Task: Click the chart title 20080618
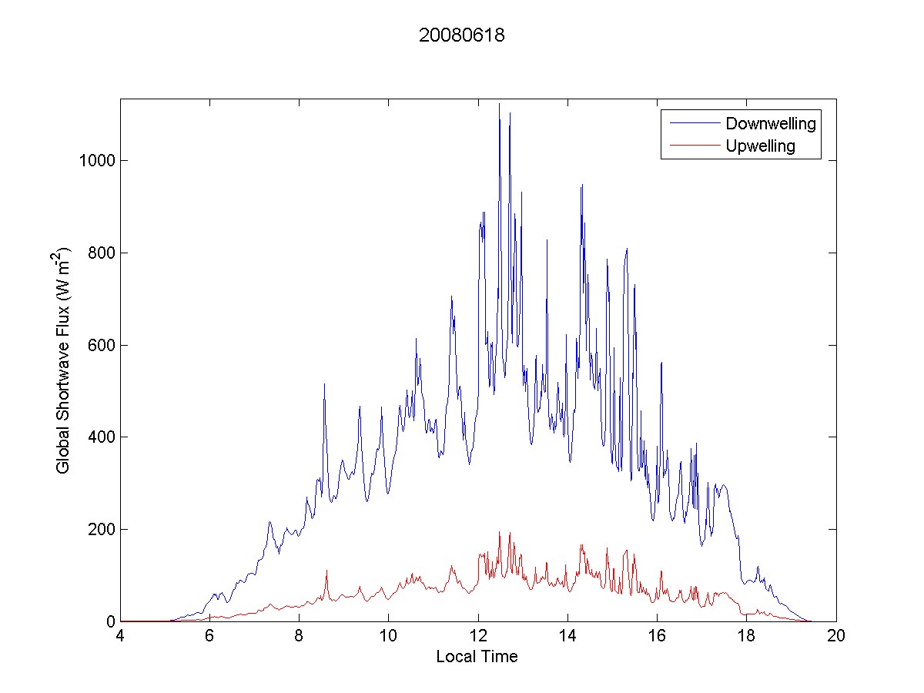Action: coord(461,35)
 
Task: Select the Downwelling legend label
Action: coord(770,123)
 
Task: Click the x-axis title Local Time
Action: coord(477,657)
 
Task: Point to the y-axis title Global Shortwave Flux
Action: coord(63,360)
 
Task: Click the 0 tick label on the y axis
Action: coord(110,621)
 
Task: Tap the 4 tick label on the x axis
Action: coord(120,637)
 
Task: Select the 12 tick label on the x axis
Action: coord(478,637)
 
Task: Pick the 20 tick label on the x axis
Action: coord(836,637)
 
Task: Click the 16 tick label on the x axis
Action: coord(657,637)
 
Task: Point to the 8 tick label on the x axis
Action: coord(300,637)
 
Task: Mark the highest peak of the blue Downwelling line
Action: coord(499,104)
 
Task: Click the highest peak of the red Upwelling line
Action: coord(499,532)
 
